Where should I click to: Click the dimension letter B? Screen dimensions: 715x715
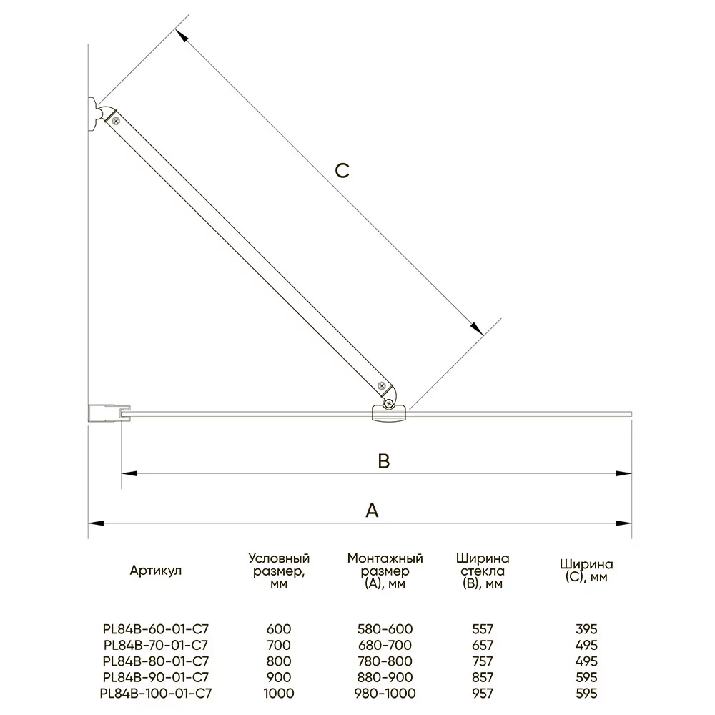(384, 462)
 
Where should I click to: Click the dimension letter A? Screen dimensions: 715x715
(371, 511)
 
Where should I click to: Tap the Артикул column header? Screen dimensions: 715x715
(156, 571)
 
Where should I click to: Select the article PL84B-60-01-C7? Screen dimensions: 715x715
(156, 629)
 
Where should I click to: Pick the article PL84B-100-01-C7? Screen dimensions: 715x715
(156, 693)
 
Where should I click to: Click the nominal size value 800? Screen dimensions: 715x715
(279, 661)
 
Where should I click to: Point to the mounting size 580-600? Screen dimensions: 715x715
(385, 629)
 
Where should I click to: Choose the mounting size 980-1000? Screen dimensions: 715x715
(385, 693)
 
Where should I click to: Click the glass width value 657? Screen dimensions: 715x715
(483, 646)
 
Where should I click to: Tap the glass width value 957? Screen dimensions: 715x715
(483, 693)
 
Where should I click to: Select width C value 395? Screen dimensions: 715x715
(586, 629)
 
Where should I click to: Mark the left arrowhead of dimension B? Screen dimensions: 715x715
(128, 473)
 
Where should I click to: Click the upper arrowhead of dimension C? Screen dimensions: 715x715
(182, 36)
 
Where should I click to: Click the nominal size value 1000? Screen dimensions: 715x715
(279, 693)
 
